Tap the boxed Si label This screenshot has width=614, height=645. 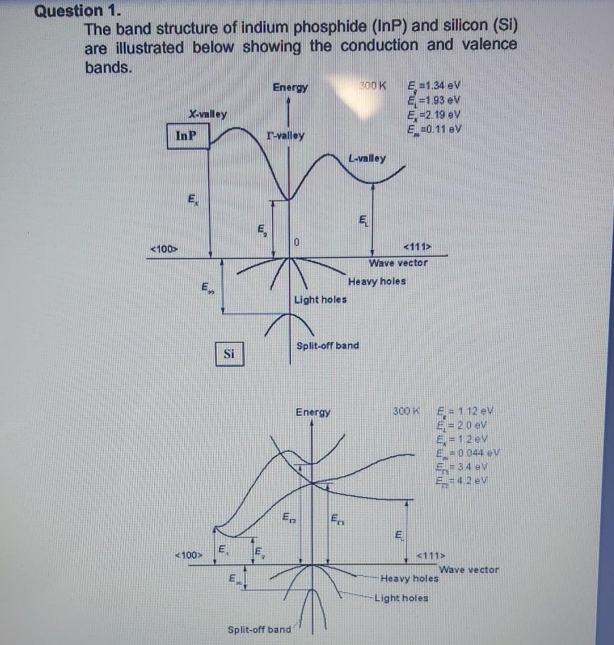[229, 355]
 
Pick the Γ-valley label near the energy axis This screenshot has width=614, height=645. [285, 135]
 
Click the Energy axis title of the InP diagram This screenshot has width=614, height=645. [290, 87]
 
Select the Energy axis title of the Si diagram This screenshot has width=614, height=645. [313, 412]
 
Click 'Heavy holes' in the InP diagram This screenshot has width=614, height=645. [377, 281]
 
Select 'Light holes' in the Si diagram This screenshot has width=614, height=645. [401, 598]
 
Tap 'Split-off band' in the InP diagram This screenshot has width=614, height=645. [327, 345]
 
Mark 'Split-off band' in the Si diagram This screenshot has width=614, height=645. [259, 629]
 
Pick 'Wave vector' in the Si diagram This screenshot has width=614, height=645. [469, 570]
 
